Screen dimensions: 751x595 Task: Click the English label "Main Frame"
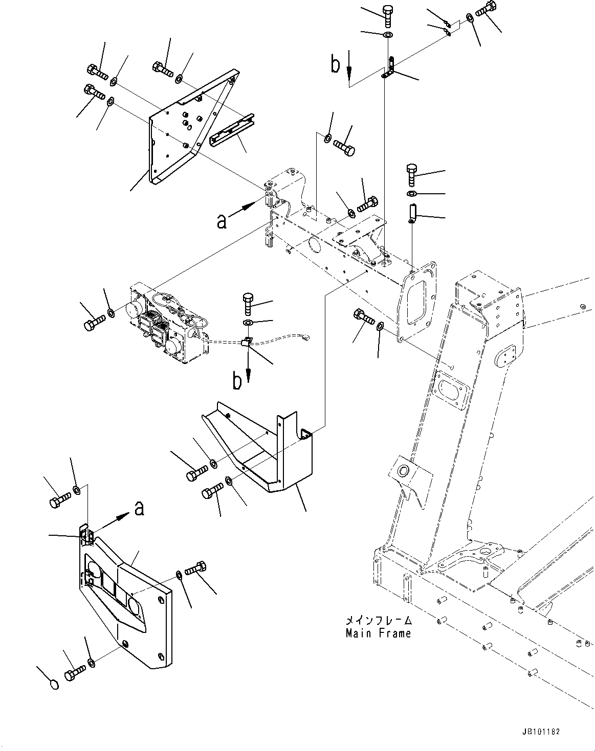click(x=378, y=634)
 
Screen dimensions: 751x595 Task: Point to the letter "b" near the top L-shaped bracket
click(x=335, y=65)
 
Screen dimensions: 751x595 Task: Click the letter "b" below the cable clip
click(x=237, y=381)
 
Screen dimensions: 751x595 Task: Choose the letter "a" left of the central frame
click(x=222, y=221)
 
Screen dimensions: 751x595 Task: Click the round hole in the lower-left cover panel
click(x=136, y=609)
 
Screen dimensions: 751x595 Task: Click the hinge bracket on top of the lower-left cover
click(x=85, y=535)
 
